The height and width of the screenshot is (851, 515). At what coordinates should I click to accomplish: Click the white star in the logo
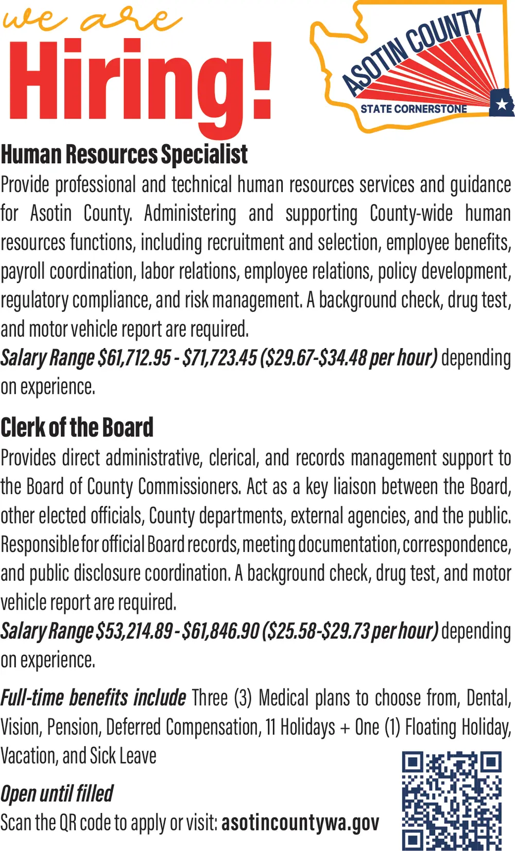click(502, 105)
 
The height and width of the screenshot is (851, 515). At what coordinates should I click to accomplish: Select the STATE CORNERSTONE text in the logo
click(413, 109)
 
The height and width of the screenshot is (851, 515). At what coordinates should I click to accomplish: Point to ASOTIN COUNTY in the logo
click(412, 51)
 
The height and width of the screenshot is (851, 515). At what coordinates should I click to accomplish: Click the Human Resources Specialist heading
click(124, 154)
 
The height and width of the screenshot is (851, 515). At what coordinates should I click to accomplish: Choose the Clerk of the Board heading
click(77, 427)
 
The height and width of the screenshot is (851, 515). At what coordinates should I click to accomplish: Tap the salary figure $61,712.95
click(134, 358)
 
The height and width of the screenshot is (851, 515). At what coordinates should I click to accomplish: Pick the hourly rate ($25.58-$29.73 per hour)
click(351, 631)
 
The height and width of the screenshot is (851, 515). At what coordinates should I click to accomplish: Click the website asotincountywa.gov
click(300, 823)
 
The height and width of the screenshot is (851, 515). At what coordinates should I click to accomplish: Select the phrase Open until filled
click(57, 793)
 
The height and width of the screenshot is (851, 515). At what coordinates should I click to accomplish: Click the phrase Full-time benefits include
click(93, 698)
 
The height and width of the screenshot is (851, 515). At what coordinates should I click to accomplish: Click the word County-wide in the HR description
click(411, 214)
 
